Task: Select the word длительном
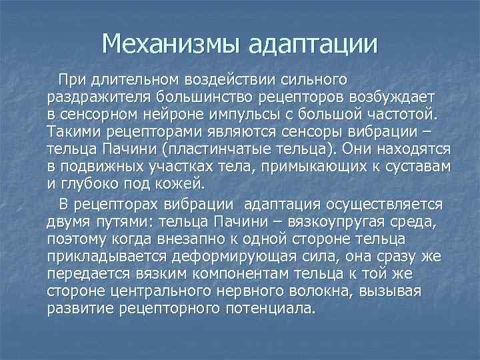(129, 81)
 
